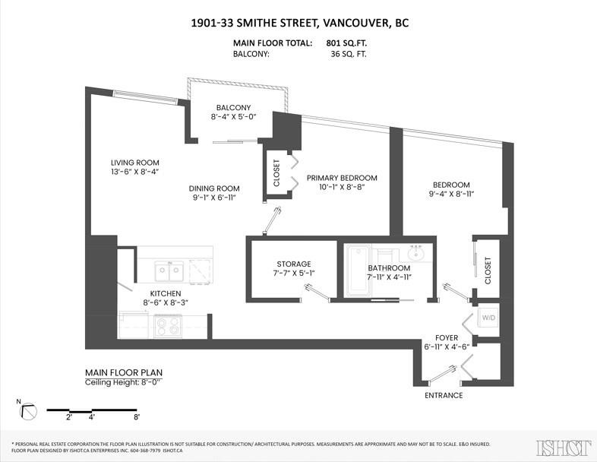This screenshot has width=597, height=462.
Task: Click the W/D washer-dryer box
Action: tap(488, 317)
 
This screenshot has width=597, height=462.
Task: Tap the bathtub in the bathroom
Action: tap(358, 271)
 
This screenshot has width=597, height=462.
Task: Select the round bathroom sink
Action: tap(416, 253)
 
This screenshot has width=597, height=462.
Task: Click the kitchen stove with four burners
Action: tap(168, 326)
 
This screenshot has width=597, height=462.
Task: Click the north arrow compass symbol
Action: tap(28, 410)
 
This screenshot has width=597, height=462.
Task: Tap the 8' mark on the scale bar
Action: tap(137, 417)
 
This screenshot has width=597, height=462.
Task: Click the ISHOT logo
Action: tap(564, 448)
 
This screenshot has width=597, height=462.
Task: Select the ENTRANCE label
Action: tap(444, 395)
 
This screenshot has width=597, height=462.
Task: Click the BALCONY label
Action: tap(233, 107)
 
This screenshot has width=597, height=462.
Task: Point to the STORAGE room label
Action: tap(293, 264)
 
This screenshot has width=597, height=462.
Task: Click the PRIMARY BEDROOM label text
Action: tap(342, 178)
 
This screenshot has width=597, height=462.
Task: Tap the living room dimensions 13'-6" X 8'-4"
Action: tap(134, 172)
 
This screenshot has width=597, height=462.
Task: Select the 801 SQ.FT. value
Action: tap(346, 43)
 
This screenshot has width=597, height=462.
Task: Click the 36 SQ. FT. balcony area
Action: tap(349, 54)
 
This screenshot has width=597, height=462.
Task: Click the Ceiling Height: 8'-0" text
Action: tap(124, 382)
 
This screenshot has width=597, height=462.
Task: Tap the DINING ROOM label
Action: tap(214, 188)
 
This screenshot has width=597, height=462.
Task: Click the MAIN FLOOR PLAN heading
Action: tap(124, 372)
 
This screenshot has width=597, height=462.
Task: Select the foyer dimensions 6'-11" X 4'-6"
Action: tap(447, 346)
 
